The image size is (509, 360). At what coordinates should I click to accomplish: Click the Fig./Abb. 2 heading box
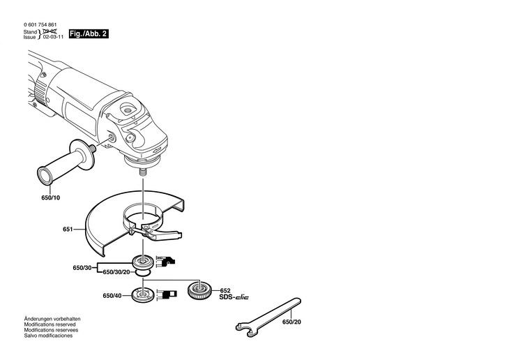coord(90,33)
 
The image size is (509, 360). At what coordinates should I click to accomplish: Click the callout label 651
coord(68,229)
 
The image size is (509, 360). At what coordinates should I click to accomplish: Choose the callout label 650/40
coord(112,296)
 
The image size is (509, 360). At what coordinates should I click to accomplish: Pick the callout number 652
coord(225,291)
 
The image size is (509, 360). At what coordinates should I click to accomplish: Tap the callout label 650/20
coord(293,322)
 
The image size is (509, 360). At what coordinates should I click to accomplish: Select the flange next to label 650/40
coord(145,295)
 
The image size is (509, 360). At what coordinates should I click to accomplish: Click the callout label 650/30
coord(82,268)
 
